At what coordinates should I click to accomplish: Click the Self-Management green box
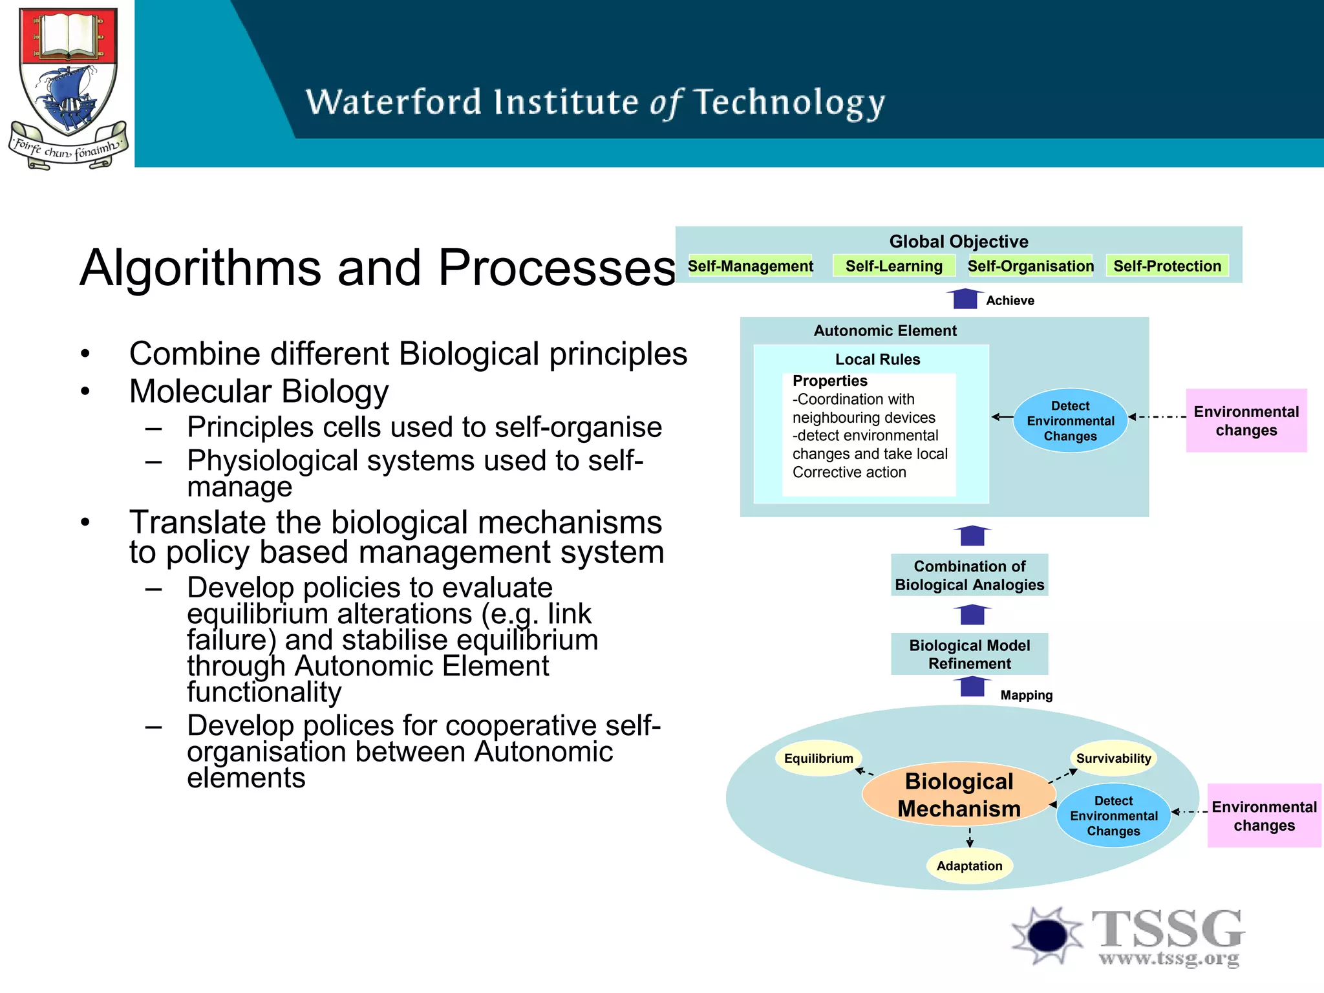(750, 266)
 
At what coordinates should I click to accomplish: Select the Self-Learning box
(893, 266)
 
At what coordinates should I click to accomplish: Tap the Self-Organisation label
(1030, 266)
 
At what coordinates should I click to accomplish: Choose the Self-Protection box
(1167, 266)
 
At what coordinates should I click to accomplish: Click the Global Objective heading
(958, 241)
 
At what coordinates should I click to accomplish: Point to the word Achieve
(1010, 301)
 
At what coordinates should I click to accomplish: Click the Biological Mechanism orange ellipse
(959, 795)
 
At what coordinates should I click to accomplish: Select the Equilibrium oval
(818, 758)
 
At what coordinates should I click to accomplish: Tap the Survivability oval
(1113, 758)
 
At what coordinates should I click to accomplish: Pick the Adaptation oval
(969, 866)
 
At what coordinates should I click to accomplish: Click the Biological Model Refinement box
(969, 654)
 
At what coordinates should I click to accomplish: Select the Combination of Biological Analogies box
(969, 575)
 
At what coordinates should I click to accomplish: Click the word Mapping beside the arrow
(1026, 696)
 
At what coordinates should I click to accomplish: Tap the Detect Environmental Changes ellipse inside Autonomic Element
(1070, 421)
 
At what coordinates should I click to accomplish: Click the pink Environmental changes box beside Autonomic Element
(1246, 421)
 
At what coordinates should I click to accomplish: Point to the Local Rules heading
(877, 359)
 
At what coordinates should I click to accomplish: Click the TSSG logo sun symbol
(1047, 935)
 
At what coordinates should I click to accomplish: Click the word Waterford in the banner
(394, 102)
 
